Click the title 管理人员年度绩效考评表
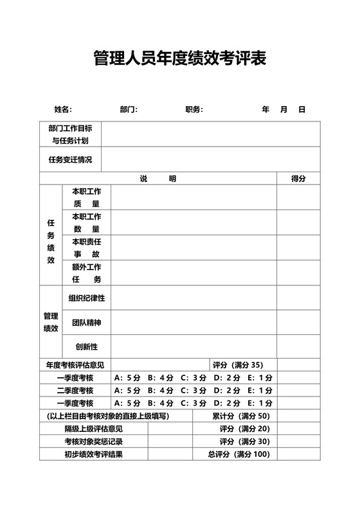pos(179,59)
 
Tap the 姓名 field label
pos(62,110)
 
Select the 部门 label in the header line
pos(129,110)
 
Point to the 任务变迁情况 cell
pos(70,159)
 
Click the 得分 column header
pos(298,179)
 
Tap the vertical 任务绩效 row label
pos(51,242)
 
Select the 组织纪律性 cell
pos(86,298)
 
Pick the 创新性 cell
pos(86,347)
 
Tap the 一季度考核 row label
pos(75,378)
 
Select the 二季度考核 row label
pos(75,391)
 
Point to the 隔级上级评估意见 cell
pos(93,429)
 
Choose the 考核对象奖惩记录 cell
pos(93,442)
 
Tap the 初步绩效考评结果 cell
pos(93,454)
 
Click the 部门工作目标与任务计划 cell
pos(70,134)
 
